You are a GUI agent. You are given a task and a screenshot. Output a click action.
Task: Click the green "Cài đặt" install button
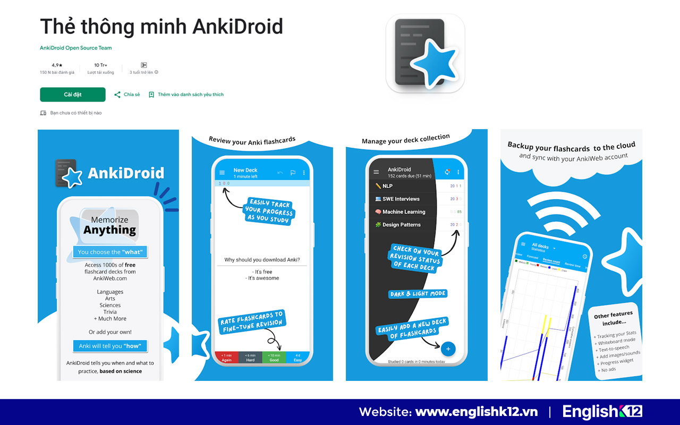[73, 95]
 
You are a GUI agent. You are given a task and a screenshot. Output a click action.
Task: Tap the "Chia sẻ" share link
[127, 95]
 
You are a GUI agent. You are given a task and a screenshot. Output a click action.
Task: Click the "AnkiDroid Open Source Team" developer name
[76, 48]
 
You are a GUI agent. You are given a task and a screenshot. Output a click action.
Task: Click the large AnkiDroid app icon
[425, 54]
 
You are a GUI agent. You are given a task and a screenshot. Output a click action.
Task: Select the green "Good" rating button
[274, 358]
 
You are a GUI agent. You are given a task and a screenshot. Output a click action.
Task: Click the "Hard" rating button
[250, 358]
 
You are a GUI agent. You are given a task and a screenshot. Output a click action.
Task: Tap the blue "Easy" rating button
[297, 358]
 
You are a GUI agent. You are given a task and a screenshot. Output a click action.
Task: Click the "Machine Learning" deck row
[404, 212]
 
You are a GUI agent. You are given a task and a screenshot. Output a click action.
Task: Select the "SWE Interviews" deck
[401, 199]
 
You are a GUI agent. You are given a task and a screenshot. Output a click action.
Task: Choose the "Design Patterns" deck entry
[401, 225]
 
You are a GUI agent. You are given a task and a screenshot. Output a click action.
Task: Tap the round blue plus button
[448, 349]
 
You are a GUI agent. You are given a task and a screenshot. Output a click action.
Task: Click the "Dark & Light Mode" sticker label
[418, 294]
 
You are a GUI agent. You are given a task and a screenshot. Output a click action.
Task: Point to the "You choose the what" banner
[110, 252]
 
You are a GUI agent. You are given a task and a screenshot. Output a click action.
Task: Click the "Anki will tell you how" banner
[110, 346]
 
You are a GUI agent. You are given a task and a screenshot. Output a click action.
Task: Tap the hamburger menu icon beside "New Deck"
[222, 173]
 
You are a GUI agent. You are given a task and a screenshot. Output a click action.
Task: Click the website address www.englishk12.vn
[476, 412]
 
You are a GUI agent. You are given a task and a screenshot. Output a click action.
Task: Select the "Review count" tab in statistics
[551, 261]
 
